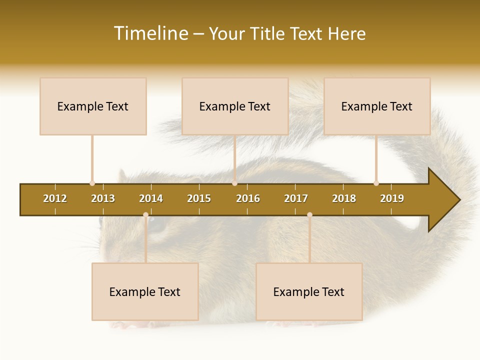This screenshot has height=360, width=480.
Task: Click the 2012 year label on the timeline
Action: (55, 198)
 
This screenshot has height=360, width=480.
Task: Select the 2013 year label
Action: (103, 198)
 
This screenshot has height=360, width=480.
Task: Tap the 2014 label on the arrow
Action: (151, 198)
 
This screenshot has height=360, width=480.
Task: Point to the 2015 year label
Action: (199, 198)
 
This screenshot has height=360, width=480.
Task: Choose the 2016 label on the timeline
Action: (248, 198)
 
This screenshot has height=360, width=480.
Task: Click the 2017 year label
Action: (296, 198)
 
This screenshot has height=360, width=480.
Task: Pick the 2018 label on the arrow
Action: (344, 198)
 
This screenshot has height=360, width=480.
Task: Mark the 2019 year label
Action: (392, 198)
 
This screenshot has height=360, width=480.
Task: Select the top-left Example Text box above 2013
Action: (93, 106)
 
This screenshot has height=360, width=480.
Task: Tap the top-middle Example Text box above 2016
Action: (235, 106)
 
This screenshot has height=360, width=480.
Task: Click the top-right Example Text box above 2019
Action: (377, 106)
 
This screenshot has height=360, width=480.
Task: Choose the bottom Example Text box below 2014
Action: (145, 291)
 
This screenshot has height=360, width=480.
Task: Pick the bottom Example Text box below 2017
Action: (309, 291)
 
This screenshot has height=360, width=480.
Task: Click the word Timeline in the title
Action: (150, 33)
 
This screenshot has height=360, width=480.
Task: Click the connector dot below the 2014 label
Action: (145, 215)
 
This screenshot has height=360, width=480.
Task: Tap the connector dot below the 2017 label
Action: (309, 215)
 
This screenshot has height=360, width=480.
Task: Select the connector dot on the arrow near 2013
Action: (92, 183)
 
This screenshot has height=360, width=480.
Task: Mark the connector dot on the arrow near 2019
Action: (376, 183)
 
